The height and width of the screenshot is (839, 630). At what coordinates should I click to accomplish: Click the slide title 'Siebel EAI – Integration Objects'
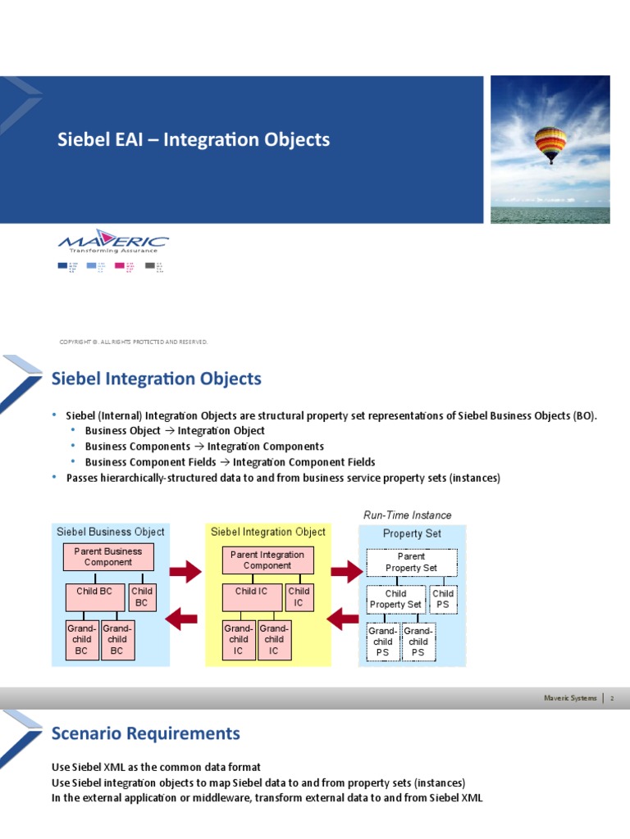[x=194, y=139]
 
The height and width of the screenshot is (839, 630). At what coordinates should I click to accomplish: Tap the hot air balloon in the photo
[x=549, y=144]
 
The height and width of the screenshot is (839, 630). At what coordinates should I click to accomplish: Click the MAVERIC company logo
[x=113, y=243]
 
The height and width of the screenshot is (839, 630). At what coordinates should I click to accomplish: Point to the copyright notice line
[x=134, y=342]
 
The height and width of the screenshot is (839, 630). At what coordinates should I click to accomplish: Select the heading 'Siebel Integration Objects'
[x=157, y=379]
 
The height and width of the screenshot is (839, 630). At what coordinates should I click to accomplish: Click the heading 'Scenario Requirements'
[x=146, y=732]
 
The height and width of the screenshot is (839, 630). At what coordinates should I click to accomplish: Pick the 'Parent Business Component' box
[x=107, y=557]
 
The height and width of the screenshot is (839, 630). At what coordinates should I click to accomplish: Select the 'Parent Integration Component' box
[x=267, y=560]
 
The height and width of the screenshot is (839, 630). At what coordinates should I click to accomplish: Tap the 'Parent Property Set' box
[x=411, y=562]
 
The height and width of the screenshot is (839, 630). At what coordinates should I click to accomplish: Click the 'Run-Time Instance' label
[x=407, y=515]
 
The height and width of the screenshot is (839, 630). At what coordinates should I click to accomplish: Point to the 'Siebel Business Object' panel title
[x=110, y=532]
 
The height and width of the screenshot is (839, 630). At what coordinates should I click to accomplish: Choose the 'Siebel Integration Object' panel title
[x=268, y=532]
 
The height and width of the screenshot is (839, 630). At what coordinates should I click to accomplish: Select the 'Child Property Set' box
[x=395, y=599]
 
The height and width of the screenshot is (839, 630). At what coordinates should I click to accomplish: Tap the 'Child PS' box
[x=443, y=599]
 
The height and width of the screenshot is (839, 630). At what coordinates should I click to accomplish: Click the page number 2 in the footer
[x=612, y=698]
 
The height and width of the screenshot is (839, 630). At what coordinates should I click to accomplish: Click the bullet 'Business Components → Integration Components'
[x=204, y=447]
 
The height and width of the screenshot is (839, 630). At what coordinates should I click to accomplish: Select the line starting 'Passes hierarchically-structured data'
[x=282, y=478]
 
